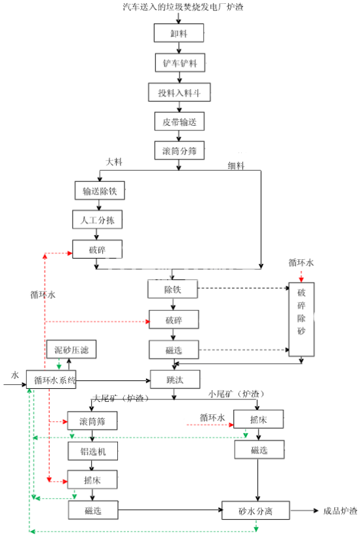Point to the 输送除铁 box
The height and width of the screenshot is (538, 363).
click(x=100, y=191)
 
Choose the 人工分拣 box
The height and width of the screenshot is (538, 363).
click(x=97, y=219)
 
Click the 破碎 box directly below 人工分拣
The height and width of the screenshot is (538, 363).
click(x=97, y=249)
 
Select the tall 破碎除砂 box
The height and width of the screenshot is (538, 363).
click(x=301, y=312)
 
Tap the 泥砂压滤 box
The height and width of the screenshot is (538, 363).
click(x=71, y=351)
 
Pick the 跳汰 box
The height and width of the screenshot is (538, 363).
click(x=174, y=379)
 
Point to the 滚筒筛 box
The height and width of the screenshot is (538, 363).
click(x=92, y=420)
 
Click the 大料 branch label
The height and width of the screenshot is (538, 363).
click(x=115, y=161)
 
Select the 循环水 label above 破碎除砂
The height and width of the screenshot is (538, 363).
click(x=301, y=262)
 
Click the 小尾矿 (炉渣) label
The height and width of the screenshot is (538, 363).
click(x=237, y=394)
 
